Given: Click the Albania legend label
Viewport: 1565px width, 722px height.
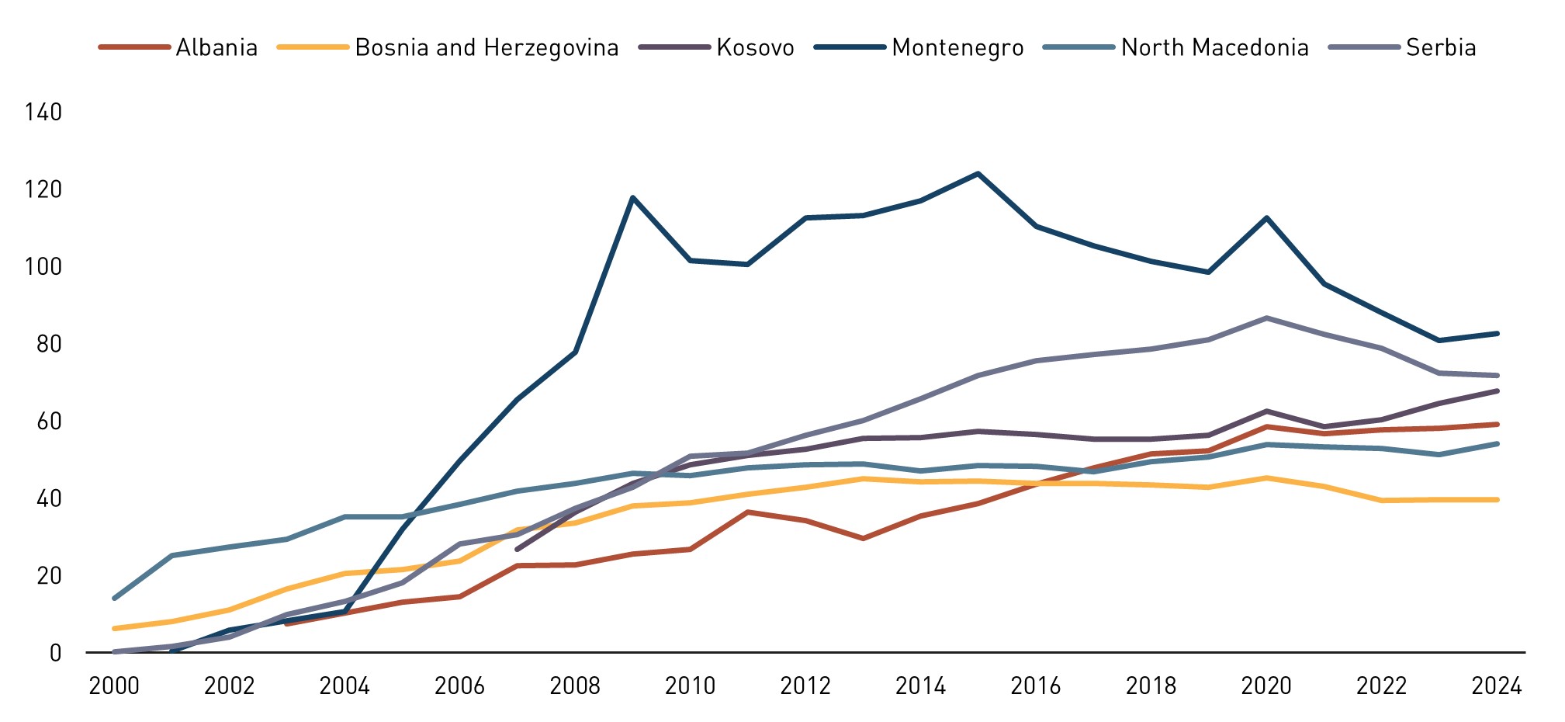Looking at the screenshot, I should tap(216, 47).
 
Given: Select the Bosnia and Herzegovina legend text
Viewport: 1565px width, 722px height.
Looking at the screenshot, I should tap(486, 47).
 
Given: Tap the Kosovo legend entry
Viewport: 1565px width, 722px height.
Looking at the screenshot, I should tap(755, 47).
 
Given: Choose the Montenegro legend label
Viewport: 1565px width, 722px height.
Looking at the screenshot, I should tap(957, 47).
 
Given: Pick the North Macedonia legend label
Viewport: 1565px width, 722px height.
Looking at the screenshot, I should tap(1214, 47).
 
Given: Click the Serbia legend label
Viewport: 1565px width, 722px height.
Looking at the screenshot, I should tap(1440, 47).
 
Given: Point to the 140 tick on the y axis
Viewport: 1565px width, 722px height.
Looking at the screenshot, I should tap(43, 113).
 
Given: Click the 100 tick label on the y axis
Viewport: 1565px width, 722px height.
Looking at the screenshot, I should tap(43, 267).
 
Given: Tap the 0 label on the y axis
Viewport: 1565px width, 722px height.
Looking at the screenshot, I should tap(55, 653).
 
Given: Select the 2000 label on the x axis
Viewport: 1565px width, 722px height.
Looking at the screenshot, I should tap(114, 686).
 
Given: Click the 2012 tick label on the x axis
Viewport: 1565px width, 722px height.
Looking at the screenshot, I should tap(805, 686).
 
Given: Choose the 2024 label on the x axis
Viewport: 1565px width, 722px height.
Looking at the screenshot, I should tap(1497, 686).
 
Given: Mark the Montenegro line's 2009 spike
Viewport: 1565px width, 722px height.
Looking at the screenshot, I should tap(633, 197).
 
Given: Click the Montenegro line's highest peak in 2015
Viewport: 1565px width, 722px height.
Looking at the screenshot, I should tap(978, 173).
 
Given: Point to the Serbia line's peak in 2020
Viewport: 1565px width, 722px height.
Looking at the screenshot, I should tap(1266, 318).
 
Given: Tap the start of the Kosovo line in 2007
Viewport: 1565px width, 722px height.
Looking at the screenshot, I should tap(518, 549).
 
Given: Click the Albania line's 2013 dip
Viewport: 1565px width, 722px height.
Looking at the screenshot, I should tap(863, 538).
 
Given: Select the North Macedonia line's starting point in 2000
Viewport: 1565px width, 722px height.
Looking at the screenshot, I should tap(114, 598).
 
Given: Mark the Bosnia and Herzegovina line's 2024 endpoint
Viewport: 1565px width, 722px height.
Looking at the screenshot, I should tap(1497, 499).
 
